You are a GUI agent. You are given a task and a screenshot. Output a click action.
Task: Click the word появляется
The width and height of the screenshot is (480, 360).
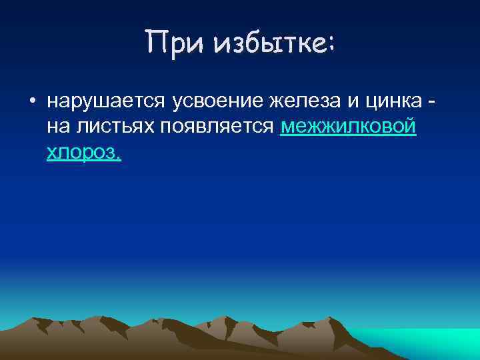tap(218, 127)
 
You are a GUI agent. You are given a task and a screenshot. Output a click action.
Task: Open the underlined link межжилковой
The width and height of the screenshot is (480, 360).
tap(349, 127)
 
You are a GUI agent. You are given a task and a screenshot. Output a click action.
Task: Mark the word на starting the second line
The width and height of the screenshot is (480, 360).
tap(56, 127)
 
